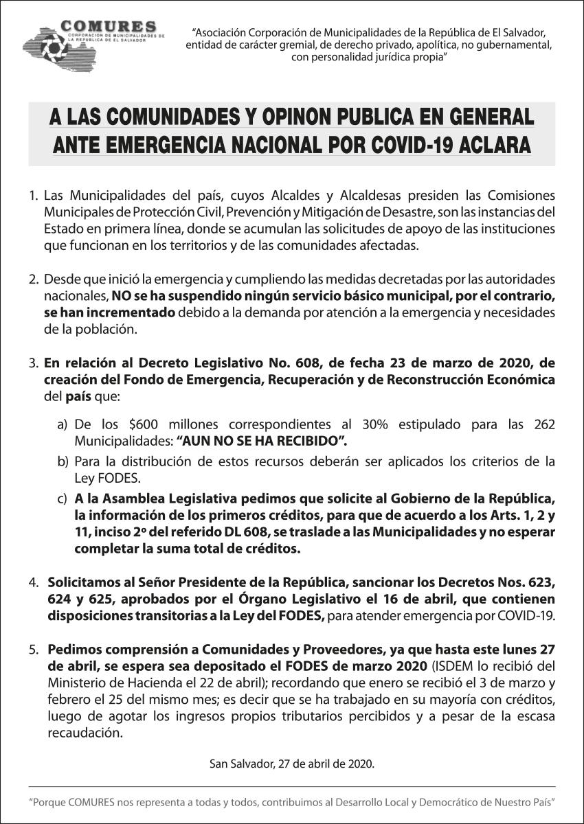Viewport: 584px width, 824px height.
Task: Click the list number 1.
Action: click(33, 196)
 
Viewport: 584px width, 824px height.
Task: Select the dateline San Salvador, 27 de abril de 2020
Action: click(292, 764)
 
